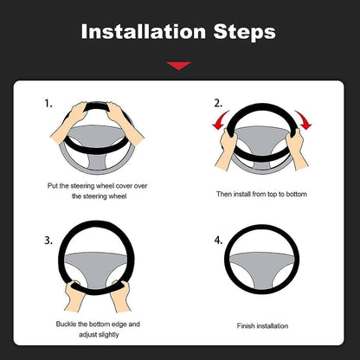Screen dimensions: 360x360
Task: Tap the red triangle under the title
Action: (179, 66)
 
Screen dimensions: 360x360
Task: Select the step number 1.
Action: (48, 104)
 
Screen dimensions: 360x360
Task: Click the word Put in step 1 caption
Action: (53, 185)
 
